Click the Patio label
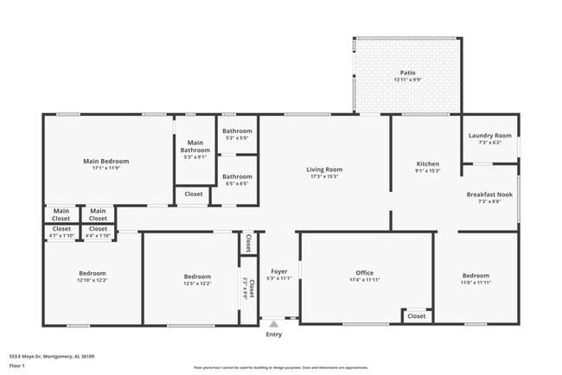(407, 73)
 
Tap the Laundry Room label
(490, 136)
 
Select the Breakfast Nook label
(489, 194)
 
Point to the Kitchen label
(429, 163)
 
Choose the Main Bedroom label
(105, 161)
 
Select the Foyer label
(273, 271)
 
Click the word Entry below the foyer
(273, 334)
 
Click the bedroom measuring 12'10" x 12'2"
(93, 274)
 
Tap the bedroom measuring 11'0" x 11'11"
(476, 276)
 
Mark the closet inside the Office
(417, 316)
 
